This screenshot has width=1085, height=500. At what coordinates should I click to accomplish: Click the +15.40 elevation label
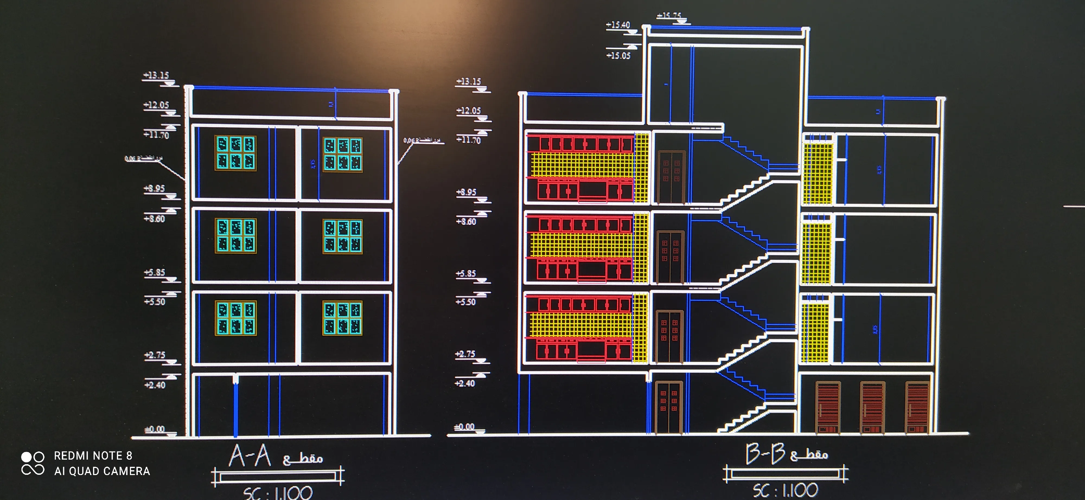pyautogui.click(x=618, y=25)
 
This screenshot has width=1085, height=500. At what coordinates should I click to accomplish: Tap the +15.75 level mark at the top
pyautogui.click(x=669, y=15)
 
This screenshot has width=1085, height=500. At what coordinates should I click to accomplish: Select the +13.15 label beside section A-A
pyautogui.click(x=156, y=75)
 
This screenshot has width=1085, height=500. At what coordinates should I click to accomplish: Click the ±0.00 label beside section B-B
pyautogui.click(x=464, y=427)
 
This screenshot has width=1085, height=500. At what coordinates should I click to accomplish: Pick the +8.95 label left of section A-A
pyautogui.click(x=155, y=188)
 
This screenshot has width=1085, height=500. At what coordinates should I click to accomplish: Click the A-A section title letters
pyautogui.click(x=250, y=456)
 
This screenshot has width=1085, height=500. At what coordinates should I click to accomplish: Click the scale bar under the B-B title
pyautogui.click(x=786, y=474)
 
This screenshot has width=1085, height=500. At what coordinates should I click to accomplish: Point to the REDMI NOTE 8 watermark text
pyautogui.click(x=93, y=456)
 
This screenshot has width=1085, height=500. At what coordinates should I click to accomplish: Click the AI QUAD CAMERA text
pyautogui.click(x=102, y=471)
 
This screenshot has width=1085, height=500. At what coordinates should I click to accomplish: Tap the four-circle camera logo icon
pyautogui.click(x=33, y=463)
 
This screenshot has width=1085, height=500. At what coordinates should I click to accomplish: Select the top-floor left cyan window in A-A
pyautogui.click(x=235, y=153)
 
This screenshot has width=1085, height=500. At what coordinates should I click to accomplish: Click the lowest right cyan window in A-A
pyautogui.click(x=342, y=318)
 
